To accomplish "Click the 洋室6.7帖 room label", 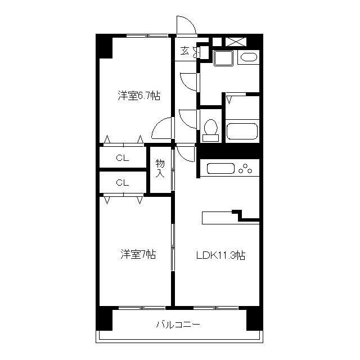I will click(x=139, y=96).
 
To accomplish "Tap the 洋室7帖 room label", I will click(x=138, y=255).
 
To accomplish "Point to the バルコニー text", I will click(x=178, y=325).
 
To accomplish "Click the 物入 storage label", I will click(x=160, y=168).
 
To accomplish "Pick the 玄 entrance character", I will click(x=184, y=51).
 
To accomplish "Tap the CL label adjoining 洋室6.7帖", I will click(x=123, y=158).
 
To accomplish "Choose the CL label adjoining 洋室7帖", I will click(x=123, y=182).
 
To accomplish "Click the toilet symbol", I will click(x=211, y=129).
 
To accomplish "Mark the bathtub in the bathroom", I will click(x=242, y=130).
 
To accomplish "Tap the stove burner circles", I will click(x=246, y=168).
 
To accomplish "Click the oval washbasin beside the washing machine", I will click(x=247, y=57).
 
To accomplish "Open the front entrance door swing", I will click(x=186, y=25).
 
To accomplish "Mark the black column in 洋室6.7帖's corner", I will click(x=105, y=47).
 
